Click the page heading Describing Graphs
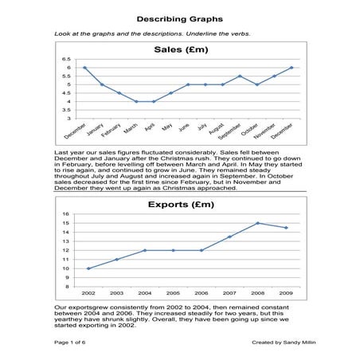[x=179, y=18]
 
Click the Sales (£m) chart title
[x=181, y=49]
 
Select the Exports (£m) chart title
[x=181, y=205]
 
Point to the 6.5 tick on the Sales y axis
[x=66, y=60]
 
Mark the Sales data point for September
[x=240, y=76]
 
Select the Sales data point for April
[x=154, y=101]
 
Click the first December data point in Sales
[x=84, y=68]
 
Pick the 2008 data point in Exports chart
[x=257, y=223]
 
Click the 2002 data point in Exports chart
[x=88, y=268]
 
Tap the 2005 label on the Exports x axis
[x=173, y=294]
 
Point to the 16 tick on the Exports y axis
[x=66, y=214]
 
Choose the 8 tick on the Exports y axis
[x=68, y=287]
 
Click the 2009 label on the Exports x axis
[x=286, y=294]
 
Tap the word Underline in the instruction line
[x=209, y=34]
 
